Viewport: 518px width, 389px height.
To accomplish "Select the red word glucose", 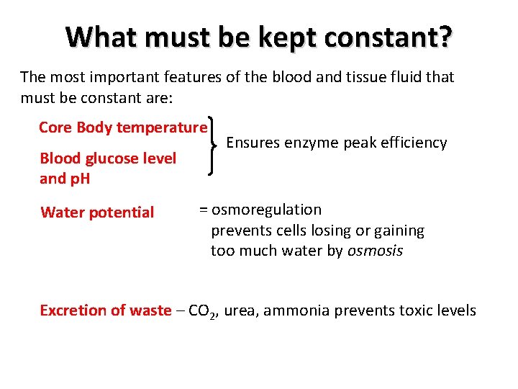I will pos(105,158).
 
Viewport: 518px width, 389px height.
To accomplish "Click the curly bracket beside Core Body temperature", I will pos(214,146).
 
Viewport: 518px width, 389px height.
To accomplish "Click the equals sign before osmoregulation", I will pos(203,210).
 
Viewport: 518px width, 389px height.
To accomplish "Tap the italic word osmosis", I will pos(376,251).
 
